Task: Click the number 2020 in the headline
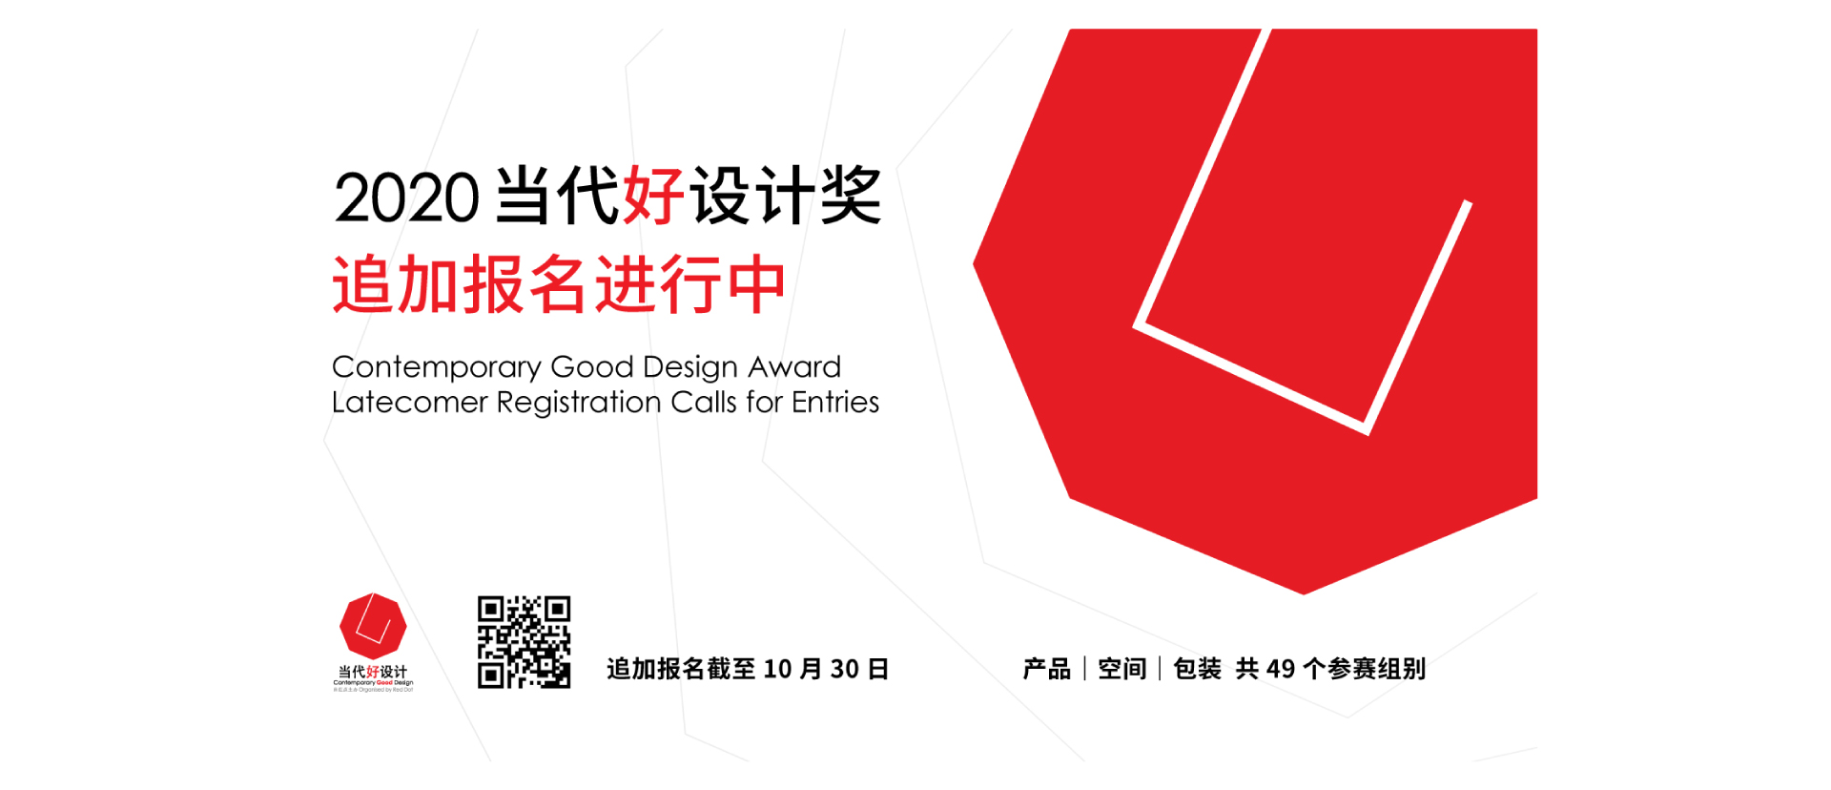[x=406, y=197]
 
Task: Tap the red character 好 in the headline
[x=653, y=196]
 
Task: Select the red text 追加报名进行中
[x=559, y=284]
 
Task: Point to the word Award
[x=794, y=366]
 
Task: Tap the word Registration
[x=578, y=403]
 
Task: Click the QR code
[x=524, y=642]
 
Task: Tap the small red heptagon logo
[x=373, y=626]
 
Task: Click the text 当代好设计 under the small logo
[x=373, y=672]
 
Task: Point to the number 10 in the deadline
[x=777, y=670]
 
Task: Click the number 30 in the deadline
[x=844, y=670]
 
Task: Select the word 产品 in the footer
[x=1046, y=669]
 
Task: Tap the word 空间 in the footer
[x=1121, y=669]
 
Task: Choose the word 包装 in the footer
[x=1197, y=669]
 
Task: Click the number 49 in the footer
[x=1280, y=669]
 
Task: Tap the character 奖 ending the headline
[x=851, y=196]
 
